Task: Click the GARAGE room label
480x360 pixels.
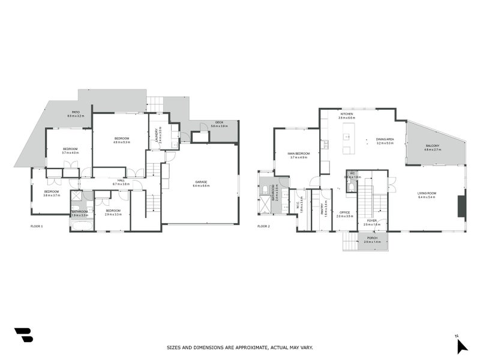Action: pos(200,181)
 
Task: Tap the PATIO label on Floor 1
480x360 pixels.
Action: pos(76,112)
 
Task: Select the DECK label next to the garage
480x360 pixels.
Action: pos(220,122)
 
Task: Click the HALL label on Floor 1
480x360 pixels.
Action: pos(121,180)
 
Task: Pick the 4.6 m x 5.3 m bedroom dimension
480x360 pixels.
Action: pos(122,142)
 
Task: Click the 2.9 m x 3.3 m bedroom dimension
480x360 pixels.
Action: pos(113,214)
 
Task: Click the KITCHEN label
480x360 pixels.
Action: pos(347,114)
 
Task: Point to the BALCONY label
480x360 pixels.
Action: pos(433,146)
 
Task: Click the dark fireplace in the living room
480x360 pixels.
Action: pos(460,206)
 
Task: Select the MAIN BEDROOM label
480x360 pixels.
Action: pos(298,154)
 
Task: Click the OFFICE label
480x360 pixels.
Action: pos(344,212)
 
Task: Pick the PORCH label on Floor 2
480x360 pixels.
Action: pos(372,238)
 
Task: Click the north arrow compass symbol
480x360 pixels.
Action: pos(461,345)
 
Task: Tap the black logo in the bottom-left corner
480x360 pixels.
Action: pos(23,335)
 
